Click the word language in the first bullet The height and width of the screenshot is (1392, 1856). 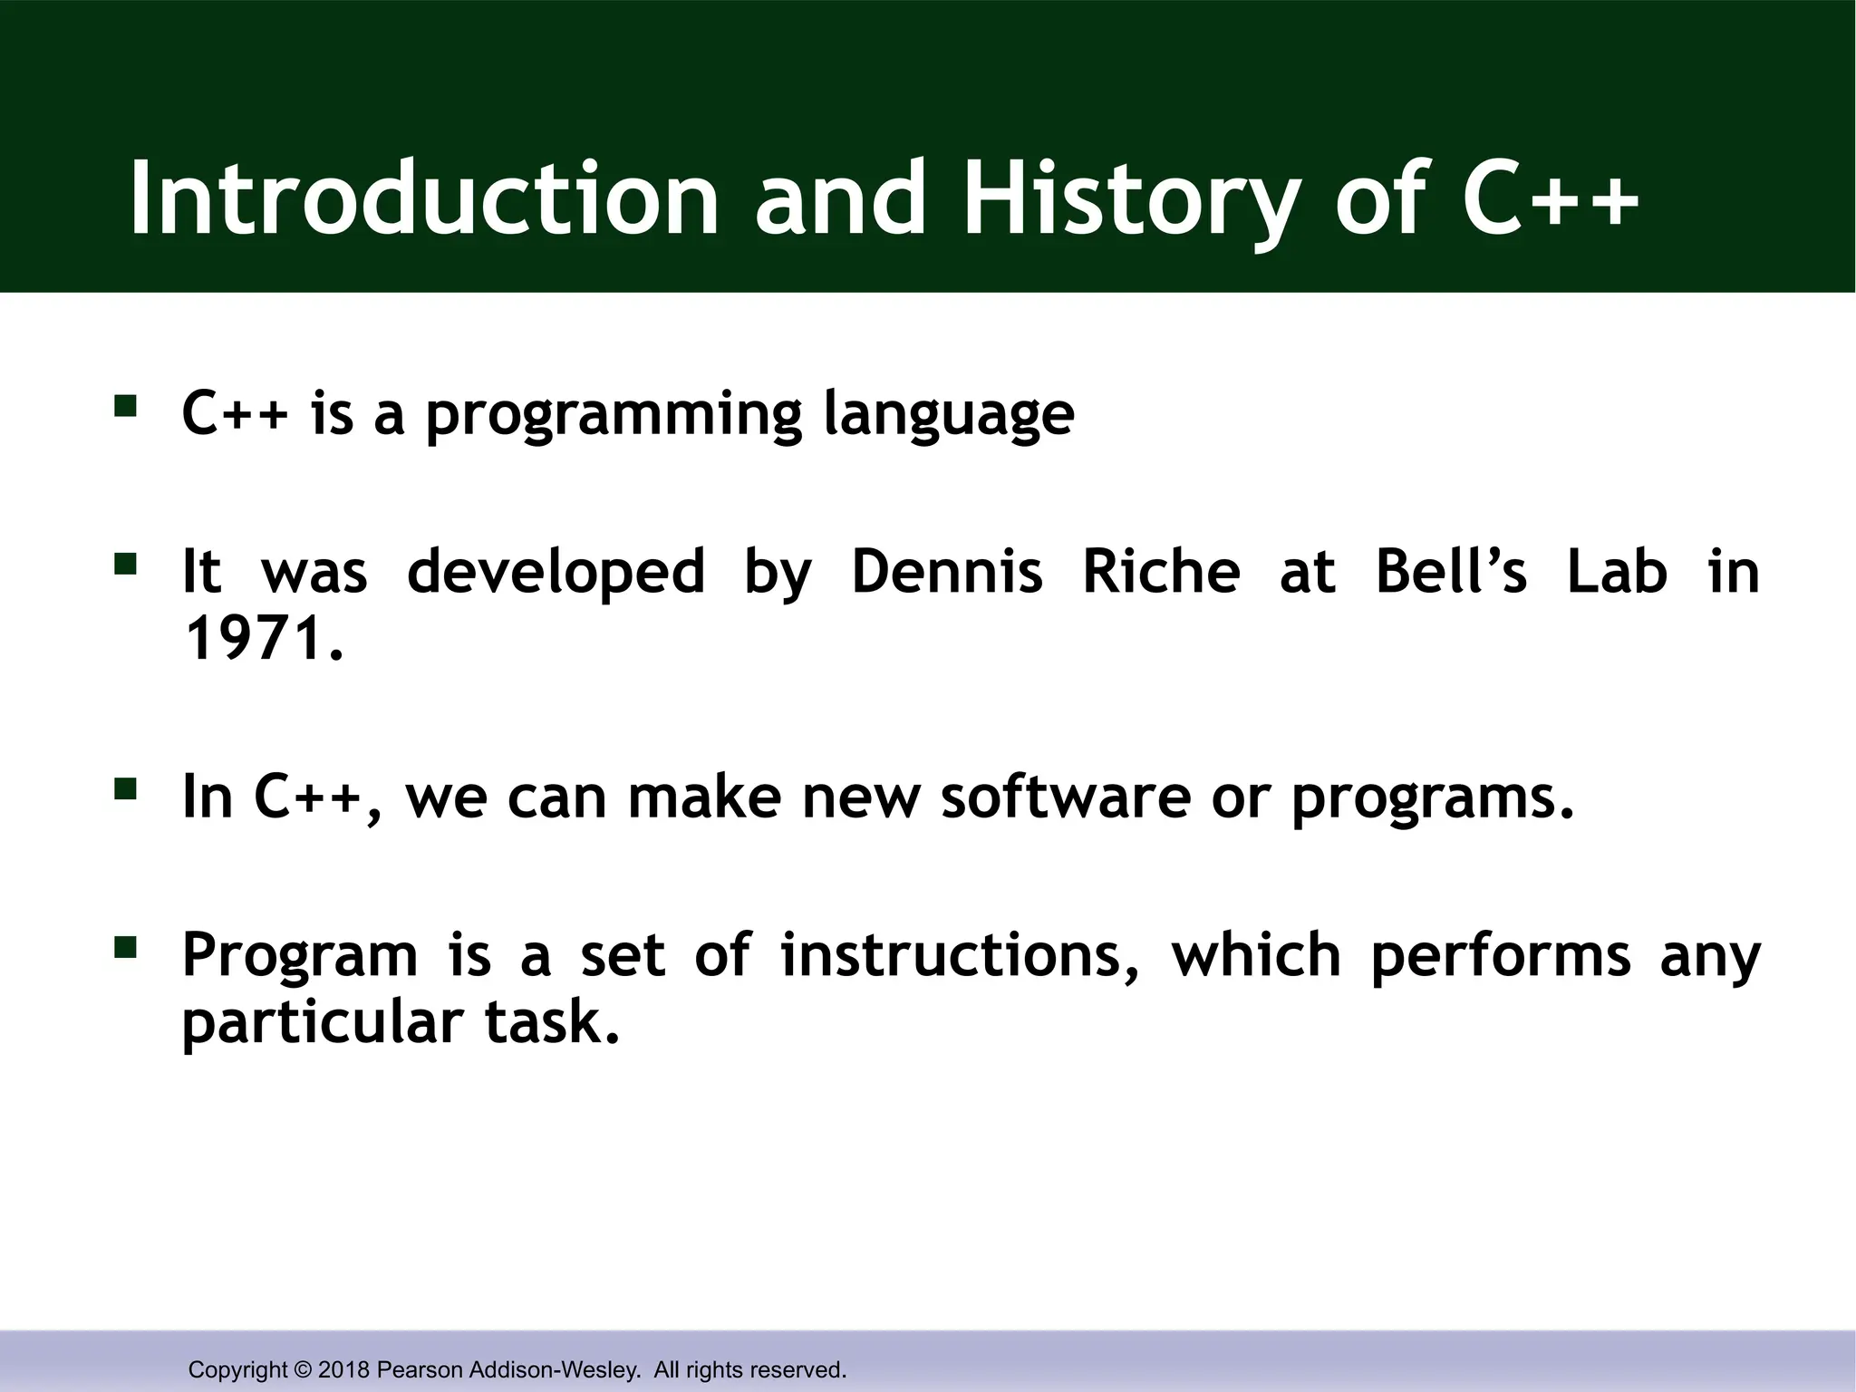coord(949,415)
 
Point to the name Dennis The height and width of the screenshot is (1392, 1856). coord(947,572)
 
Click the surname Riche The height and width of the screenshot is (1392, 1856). coord(1161,572)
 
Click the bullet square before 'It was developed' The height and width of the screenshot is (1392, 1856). coord(125,566)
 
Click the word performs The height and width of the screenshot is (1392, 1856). coord(1500,955)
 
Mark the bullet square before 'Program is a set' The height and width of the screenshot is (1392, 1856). coord(125,949)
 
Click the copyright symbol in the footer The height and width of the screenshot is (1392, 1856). coord(303,1369)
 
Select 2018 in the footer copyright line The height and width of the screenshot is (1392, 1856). coord(344,1369)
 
